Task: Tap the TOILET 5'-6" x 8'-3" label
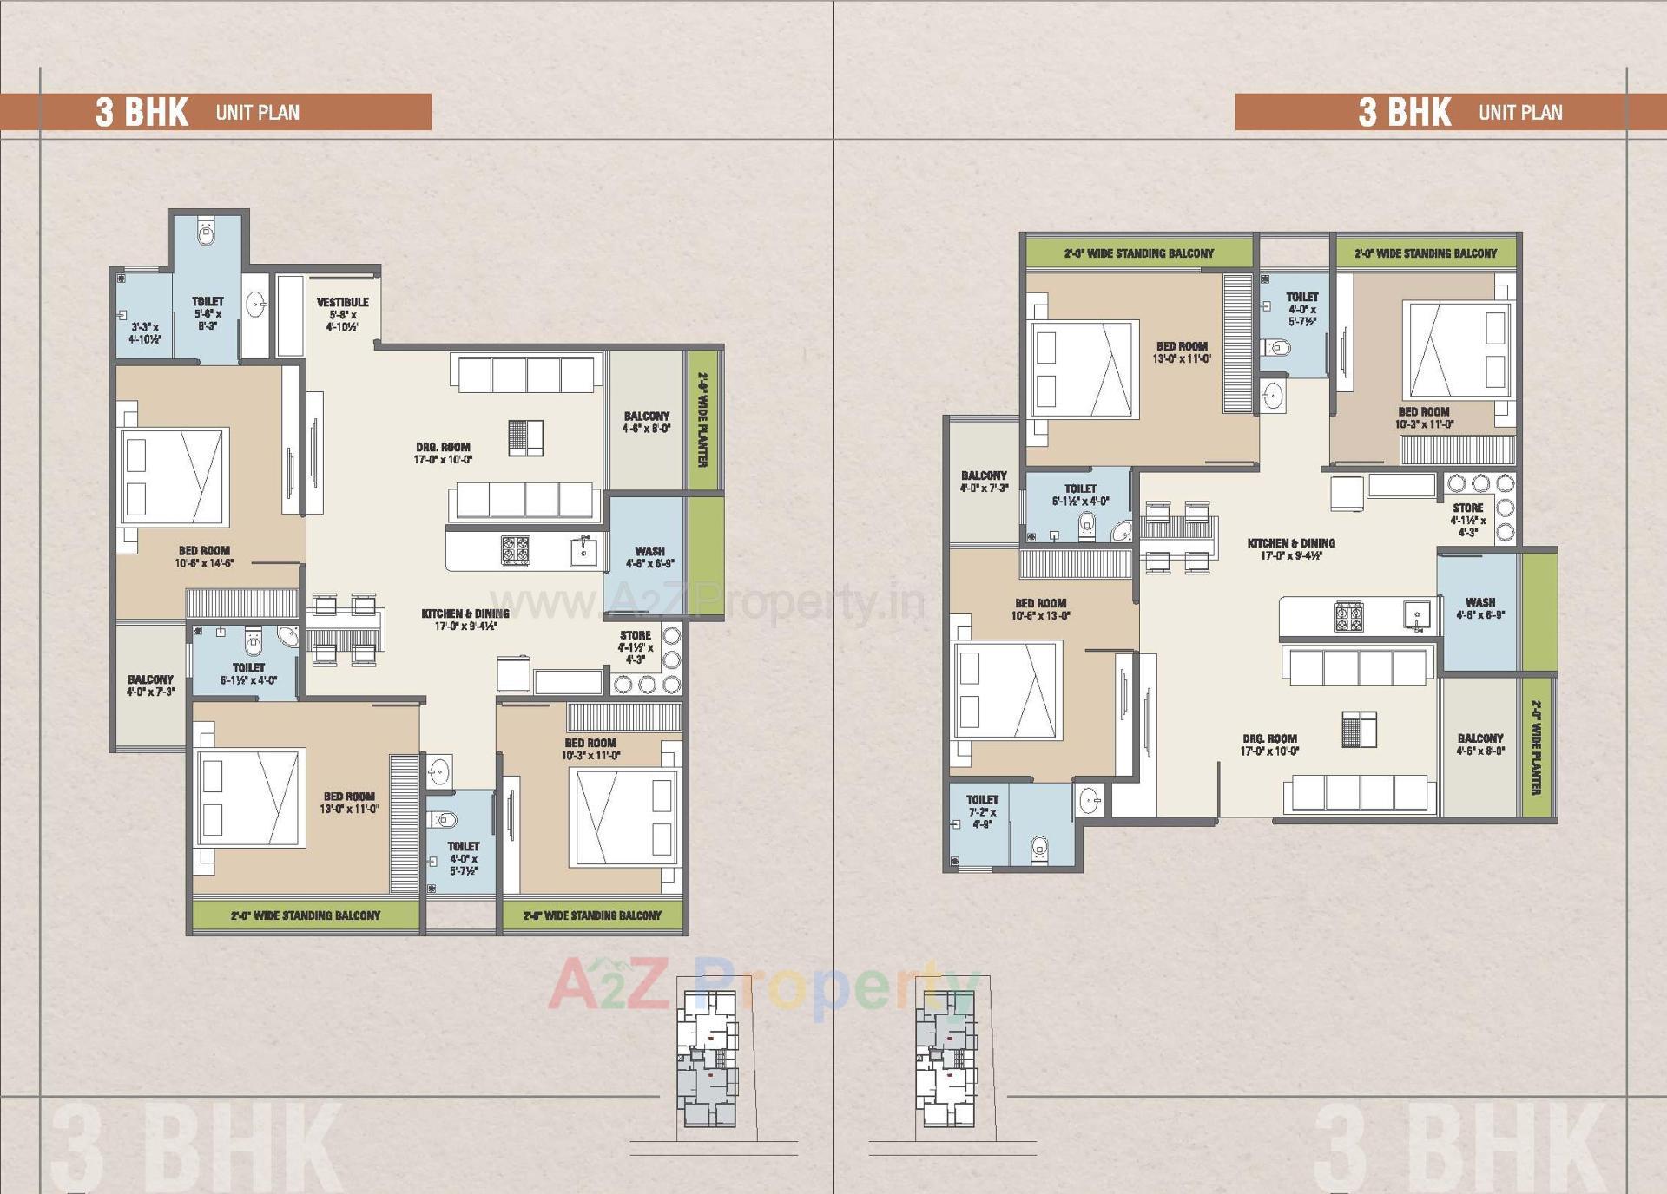point(208,312)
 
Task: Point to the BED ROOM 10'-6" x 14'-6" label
point(204,556)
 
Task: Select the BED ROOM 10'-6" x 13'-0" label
point(1040,609)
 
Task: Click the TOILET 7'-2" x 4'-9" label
point(982,811)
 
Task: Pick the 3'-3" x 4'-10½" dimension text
point(145,333)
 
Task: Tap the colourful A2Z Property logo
point(764,984)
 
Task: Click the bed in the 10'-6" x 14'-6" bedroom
point(175,476)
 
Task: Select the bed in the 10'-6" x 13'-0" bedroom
point(1007,691)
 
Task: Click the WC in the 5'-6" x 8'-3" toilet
point(207,233)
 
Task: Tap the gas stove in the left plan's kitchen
point(515,550)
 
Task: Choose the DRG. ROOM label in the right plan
point(1269,745)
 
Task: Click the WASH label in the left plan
point(649,556)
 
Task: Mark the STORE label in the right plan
point(1468,519)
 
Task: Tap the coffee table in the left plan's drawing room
point(525,437)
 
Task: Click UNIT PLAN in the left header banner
point(257,113)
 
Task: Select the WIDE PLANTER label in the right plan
point(1536,747)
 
